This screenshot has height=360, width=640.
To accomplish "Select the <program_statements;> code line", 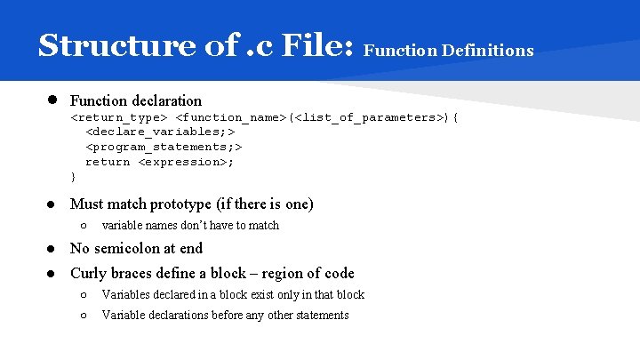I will (x=164, y=147).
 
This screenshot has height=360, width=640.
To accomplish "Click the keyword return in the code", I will (x=108, y=162).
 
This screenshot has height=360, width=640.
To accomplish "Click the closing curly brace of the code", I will (x=73, y=176).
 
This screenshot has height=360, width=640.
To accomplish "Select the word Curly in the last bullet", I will (x=87, y=274).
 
